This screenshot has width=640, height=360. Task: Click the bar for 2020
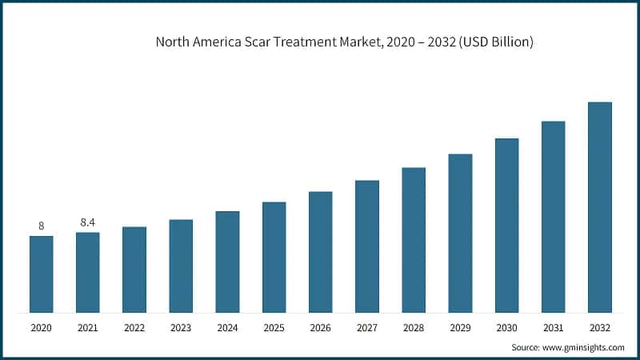click(41, 274)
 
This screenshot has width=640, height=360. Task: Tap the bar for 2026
click(320, 251)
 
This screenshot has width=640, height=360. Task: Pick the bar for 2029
click(460, 233)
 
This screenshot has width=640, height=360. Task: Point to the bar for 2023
click(181, 266)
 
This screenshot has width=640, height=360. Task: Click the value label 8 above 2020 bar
click(41, 226)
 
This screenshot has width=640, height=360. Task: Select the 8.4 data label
click(88, 222)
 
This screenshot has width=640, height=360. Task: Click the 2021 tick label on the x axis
click(88, 327)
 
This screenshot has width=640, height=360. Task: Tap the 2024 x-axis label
click(227, 327)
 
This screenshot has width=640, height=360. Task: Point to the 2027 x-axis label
click(366, 327)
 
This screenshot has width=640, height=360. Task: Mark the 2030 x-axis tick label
click(506, 327)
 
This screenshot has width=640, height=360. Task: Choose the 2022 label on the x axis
click(134, 327)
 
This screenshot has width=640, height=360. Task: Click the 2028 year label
click(414, 327)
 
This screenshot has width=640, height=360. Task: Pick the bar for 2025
click(274, 257)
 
